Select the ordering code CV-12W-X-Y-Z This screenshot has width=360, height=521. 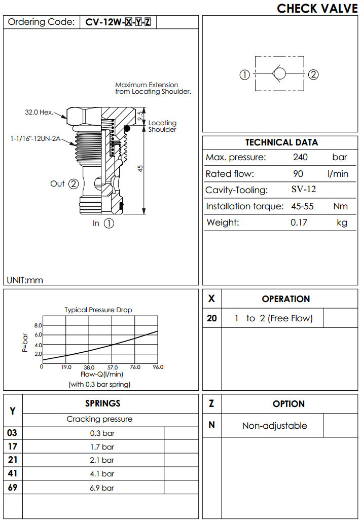pyautogui.click(x=118, y=22)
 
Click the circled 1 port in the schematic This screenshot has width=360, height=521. pyautogui.click(x=244, y=75)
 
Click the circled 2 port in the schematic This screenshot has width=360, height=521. pyautogui.click(x=313, y=75)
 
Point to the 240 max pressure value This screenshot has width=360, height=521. pyautogui.click(x=300, y=157)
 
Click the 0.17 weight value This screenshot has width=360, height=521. pyautogui.click(x=299, y=222)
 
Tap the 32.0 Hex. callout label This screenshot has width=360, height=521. pyautogui.click(x=39, y=113)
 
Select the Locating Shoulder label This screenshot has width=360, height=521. pyautogui.click(x=162, y=126)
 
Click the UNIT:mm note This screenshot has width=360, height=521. pyautogui.click(x=25, y=279)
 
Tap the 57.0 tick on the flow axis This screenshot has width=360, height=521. pyautogui.click(x=113, y=367)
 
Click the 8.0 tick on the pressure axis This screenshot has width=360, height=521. pyautogui.click(x=38, y=325)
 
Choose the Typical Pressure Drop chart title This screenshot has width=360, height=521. pyautogui.click(x=98, y=310)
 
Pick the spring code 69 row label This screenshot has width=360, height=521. pyautogui.click(x=13, y=488)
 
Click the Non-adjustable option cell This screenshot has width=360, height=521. pyautogui.click(x=274, y=426)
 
